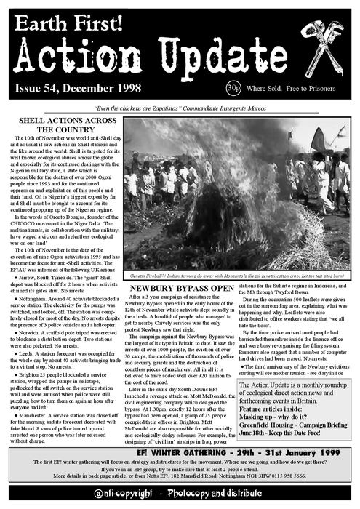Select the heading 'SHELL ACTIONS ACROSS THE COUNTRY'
click(x=65, y=125)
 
